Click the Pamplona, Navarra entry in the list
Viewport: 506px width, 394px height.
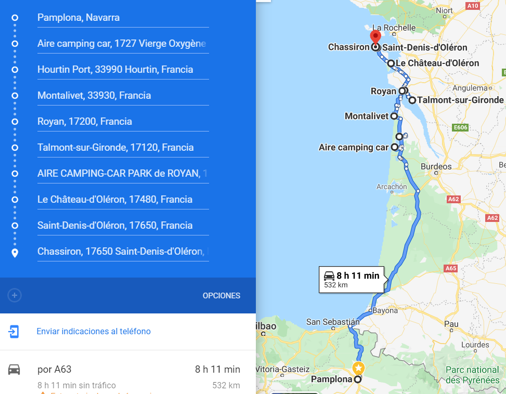79,18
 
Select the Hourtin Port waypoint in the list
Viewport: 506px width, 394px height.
115,70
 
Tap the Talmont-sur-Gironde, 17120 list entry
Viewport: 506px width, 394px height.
115,148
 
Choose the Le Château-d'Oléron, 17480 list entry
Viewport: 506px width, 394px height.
115,200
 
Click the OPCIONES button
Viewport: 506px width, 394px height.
221,296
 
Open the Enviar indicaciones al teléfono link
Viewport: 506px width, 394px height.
94,331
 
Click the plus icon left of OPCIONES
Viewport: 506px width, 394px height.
15,296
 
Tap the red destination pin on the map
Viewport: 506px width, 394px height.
375,37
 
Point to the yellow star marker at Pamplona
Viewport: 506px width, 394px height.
358,369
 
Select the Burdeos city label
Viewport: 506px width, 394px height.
436,166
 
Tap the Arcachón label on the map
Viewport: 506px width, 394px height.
391,187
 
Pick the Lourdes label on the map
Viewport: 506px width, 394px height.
475,345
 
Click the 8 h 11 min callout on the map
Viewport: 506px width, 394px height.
352,280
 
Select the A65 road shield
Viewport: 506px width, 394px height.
451,268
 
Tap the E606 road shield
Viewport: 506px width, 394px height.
460,127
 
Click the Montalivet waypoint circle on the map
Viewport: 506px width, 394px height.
394,116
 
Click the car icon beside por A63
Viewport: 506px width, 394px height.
14,370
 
